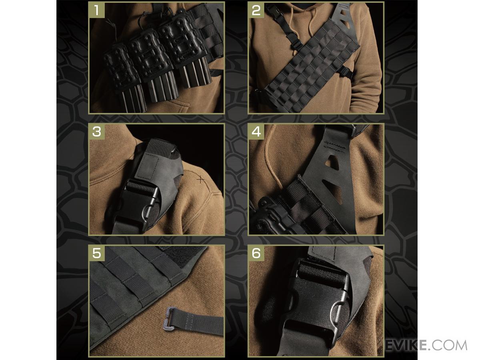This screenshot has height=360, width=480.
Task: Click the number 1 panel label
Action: [x=97, y=10]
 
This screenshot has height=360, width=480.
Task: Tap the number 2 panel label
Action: [x=256, y=10]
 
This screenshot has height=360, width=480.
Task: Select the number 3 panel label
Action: [x=97, y=132]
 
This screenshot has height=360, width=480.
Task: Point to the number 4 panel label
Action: [x=256, y=132]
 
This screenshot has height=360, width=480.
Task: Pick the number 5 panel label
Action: [x=97, y=253]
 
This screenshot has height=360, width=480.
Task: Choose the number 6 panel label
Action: [x=256, y=253]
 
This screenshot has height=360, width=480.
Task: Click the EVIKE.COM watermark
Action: [x=425, y=346]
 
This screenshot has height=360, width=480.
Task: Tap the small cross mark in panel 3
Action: [x=200, y=180]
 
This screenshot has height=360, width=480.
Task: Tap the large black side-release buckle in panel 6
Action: [x=315, y=306]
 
